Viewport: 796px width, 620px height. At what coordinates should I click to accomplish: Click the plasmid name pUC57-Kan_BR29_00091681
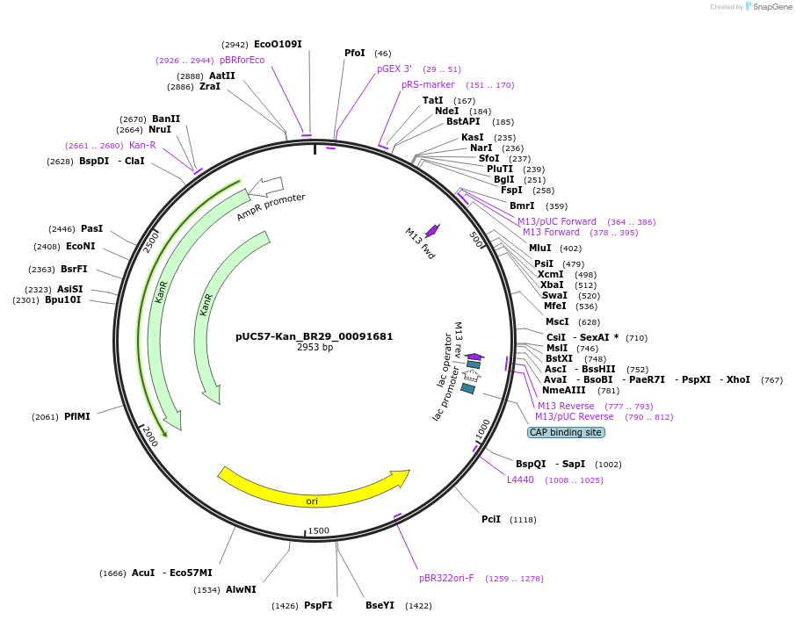point(315,336)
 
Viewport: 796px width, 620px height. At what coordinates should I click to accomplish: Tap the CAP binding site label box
point(566,432)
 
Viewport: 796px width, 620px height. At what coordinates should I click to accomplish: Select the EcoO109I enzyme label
point(278,44)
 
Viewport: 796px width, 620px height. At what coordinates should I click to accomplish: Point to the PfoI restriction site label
point(354,54)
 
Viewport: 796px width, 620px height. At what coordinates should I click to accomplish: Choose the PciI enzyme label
point(491,519)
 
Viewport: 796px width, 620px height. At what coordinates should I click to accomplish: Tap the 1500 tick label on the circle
point(318,530)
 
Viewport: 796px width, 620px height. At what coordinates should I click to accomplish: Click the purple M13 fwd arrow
point(431,230)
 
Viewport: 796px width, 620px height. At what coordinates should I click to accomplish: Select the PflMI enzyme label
point(77,416)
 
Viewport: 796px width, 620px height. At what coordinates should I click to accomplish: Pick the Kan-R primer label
point(142,146)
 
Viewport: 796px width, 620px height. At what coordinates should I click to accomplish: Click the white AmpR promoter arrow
point(266,186)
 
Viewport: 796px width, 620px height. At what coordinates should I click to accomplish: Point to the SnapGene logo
point(769,7)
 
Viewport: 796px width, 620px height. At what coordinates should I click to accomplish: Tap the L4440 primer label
point(520,479)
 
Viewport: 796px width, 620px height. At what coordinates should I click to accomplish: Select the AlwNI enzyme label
point(241,589)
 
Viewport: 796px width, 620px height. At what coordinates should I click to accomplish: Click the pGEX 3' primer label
point(394,68)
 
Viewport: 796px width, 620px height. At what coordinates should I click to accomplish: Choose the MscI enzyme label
point(557,321)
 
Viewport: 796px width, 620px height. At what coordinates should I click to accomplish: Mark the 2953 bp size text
point(315,348)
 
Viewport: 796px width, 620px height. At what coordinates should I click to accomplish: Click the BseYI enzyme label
point(380,605)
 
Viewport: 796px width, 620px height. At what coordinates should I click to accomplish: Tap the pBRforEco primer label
point(242,60)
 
